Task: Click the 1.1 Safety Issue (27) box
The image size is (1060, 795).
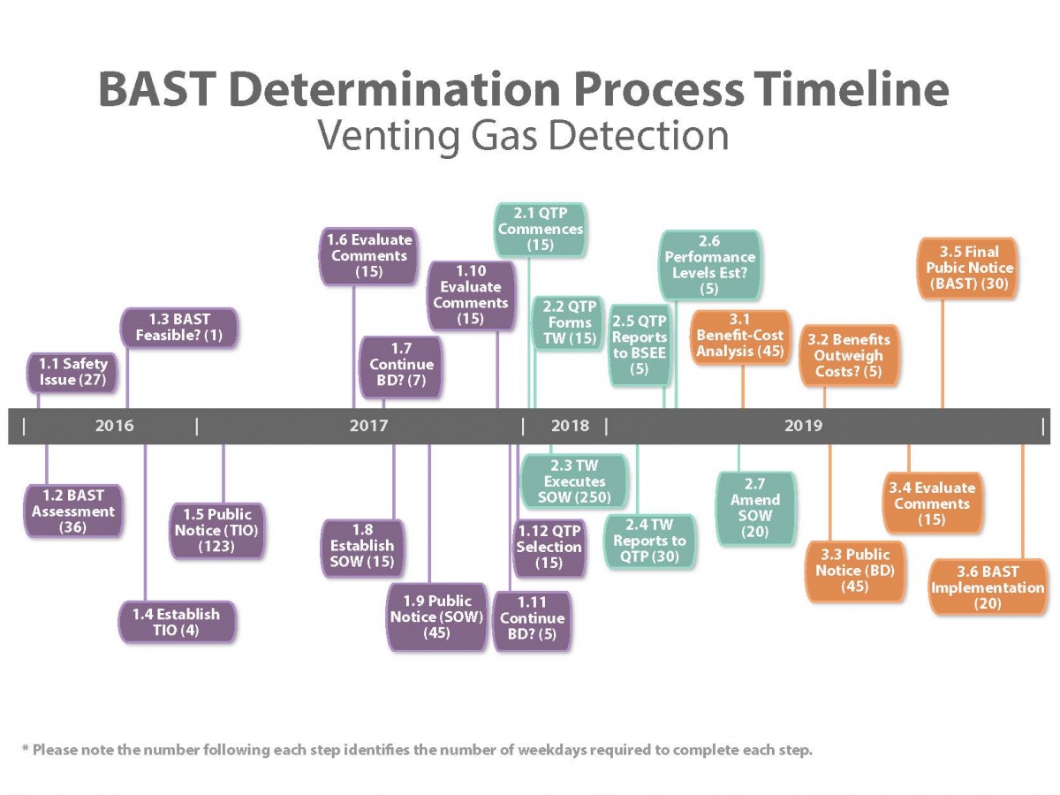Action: pyautogui.click(x=73, y=372)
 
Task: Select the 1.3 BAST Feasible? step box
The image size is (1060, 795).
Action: pyautogui.click(x=179, y=328)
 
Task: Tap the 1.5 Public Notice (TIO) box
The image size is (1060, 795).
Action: pyautogui.click(x=217, y=529)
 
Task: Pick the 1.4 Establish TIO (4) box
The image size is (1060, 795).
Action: pyautogui.click(x=177, y=622)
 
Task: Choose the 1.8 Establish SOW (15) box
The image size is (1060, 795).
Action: pyautogui.click(x=362, y=545)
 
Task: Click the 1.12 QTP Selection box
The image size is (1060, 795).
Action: pyautogui.click(x=549, y=547)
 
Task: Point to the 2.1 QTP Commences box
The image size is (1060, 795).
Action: pyautogui.click(x=541, y=229)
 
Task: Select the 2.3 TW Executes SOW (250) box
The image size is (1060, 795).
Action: pyautogui.click(x=574, y=481)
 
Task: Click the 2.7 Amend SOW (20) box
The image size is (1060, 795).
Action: pyautogui.click(x=755, y=508)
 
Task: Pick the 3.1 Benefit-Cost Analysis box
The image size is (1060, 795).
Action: pyautogui.click(x=740, y=337)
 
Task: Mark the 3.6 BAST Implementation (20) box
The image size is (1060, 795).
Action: pyautogui.click(x=988, y=587)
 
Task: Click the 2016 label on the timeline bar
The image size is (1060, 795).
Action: pyautogui.click(x=115, y=426)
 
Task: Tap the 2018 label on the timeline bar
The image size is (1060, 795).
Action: pyautogui.click(x=570, y=426)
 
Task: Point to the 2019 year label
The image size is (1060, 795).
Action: pyautogui.click(x=803, y=426)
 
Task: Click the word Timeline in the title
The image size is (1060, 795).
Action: pyautogui.click(x=849, y=89)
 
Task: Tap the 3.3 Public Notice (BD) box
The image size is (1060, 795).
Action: pyautogui.click(x=855, y=571)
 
